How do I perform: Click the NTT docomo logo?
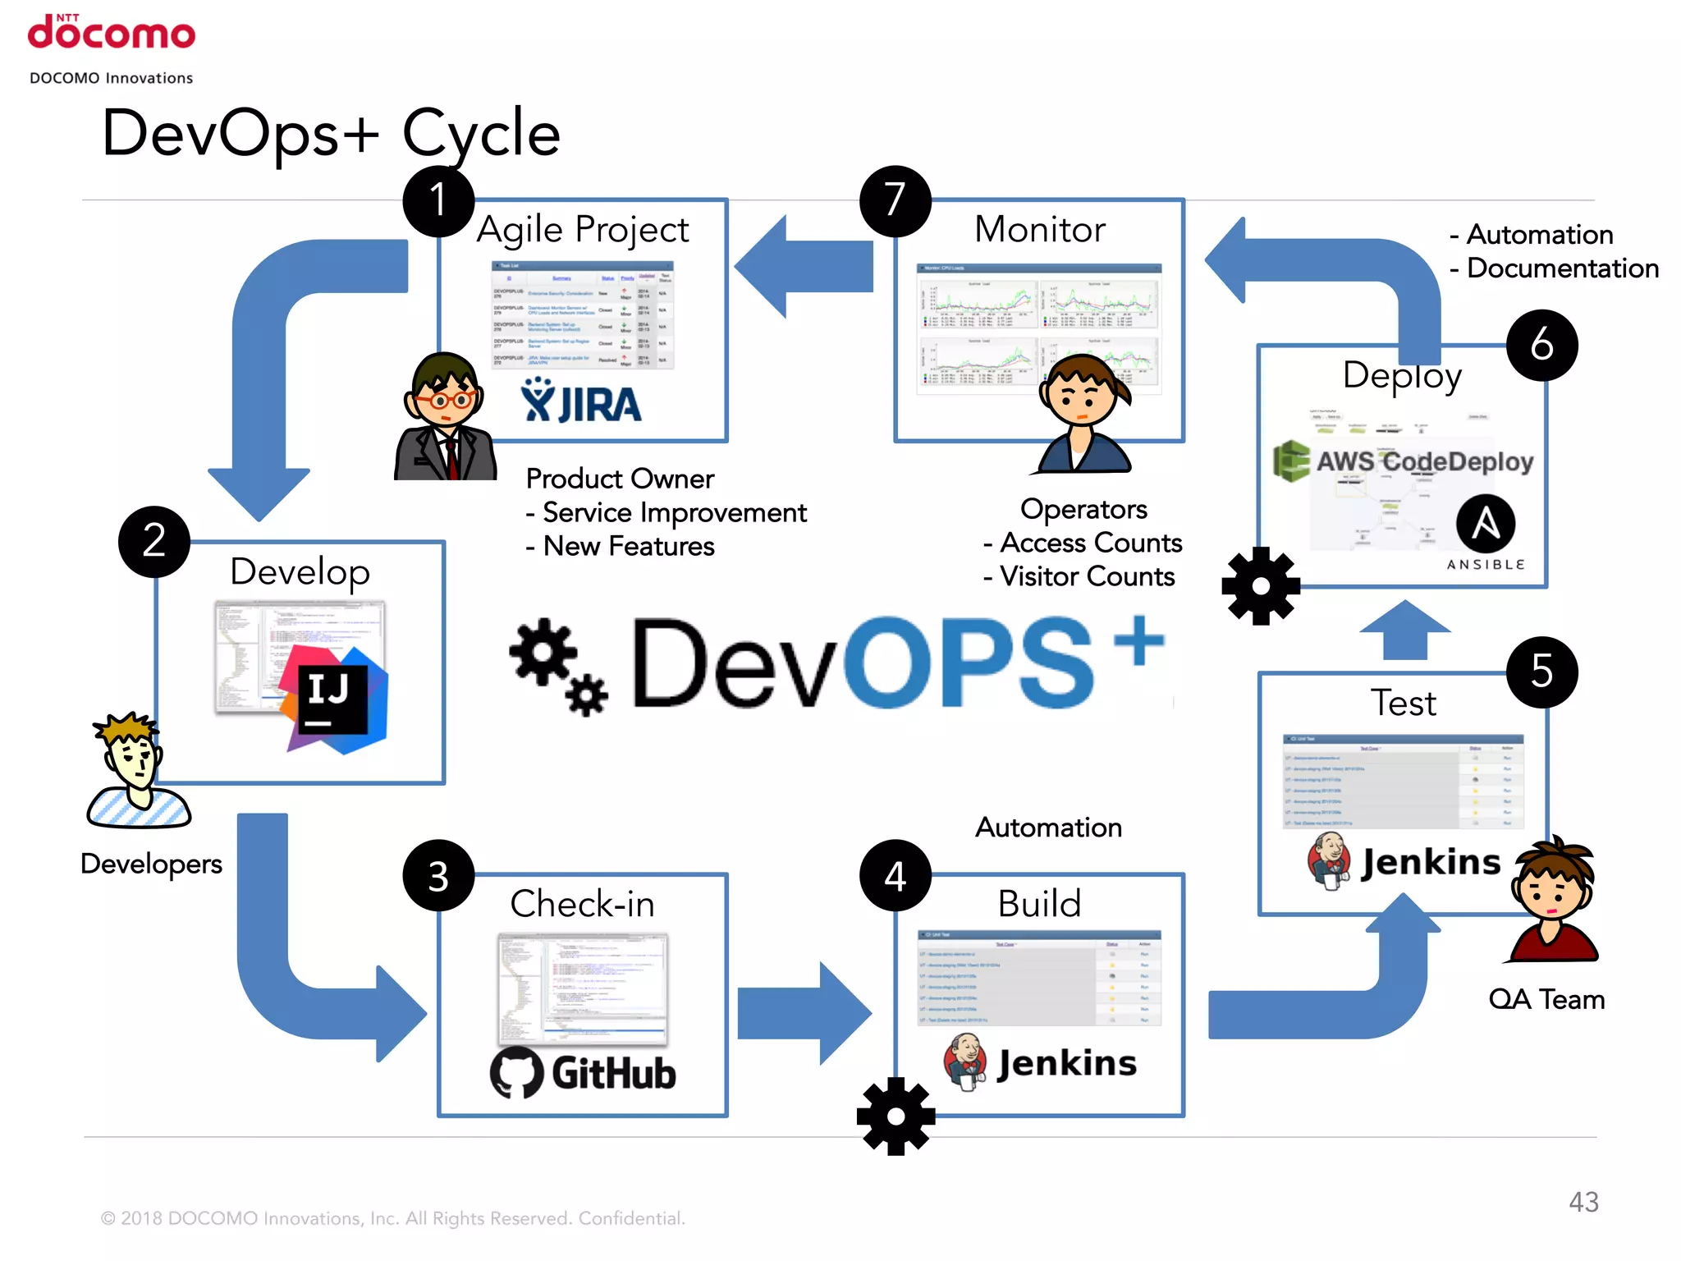coord(112,33)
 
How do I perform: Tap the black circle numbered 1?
coord(438,200)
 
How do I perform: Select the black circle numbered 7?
coord(895,200)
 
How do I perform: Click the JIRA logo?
coord(582,402)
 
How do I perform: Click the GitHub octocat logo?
coord(516,1072)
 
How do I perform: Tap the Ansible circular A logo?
coord(1485,524)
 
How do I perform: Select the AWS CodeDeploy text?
coord(1424,461)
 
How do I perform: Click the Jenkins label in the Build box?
coord(1067,1063)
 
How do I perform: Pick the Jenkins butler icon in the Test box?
coord(1330,860)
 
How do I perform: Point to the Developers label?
coord(152,864)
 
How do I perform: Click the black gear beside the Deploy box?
coord(1260,586)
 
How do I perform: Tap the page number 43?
coord(1583,1202)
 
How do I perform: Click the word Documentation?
coord(1562,268)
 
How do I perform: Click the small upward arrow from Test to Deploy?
coord(1404,630)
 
